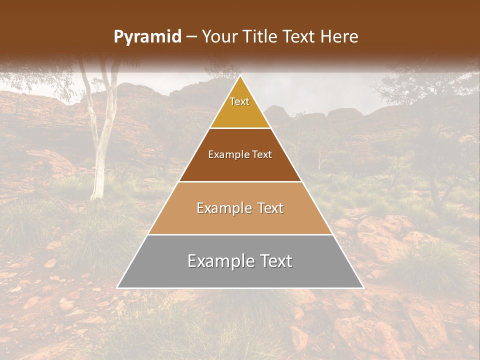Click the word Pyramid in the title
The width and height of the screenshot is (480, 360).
[x=147, y=37]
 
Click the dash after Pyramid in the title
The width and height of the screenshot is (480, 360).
[x=191, y=37]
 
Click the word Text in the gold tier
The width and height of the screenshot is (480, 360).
[x=239, y=101]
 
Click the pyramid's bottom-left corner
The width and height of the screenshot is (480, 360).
[x=117, y=287]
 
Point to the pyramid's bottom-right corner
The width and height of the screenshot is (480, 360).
[x=363, y=287]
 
